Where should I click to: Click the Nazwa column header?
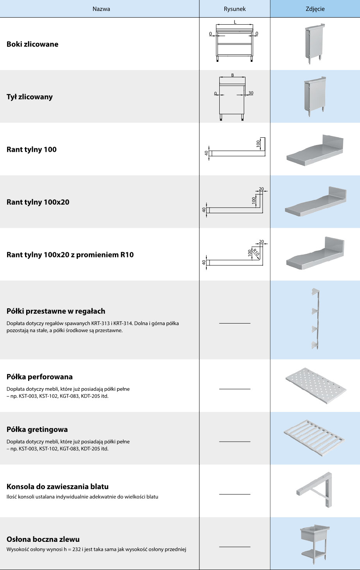pos(101,9)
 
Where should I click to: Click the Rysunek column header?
pos(235,9)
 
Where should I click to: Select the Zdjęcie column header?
pos(315,9)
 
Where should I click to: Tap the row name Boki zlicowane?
pos(32,44)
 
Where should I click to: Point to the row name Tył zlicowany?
pos(30,97)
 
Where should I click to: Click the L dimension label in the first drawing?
pos(235,22)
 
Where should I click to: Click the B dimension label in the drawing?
pos(233,75)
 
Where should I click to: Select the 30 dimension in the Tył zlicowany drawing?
pos(251,93)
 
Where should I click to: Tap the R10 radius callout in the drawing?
pos(256,252)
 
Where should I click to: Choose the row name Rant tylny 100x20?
pos(38,202)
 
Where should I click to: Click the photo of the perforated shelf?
pos(315,385)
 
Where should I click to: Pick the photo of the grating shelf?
pos(315,438)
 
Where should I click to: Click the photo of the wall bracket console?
pos(315,490)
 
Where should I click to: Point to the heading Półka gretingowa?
pos(37,430)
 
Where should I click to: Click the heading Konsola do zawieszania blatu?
pos(57,487)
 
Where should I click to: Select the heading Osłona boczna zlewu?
pos(43,539)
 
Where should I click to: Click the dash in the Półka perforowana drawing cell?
pos(235,389)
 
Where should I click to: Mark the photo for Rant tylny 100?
pos(315,150)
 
